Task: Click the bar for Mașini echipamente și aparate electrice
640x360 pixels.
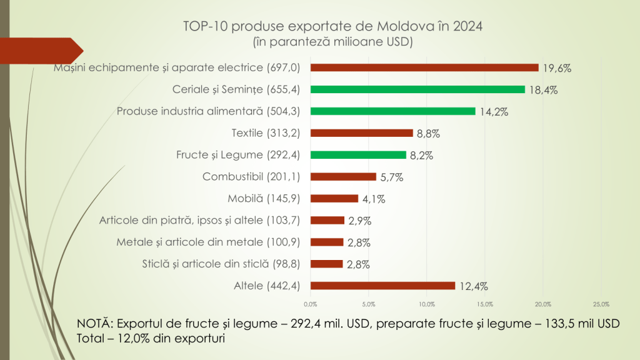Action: click(x=424, y=67)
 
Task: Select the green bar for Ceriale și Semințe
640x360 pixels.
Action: click(x=417, y=89)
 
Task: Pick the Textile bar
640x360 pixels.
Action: click(x=362, y=133)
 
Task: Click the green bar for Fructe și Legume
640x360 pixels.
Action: click(x=358, y=155)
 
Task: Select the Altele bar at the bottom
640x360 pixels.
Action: click(x=382, y=286)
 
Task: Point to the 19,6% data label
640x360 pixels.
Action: click(x=557, y=68)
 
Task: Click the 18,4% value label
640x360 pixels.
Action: click(x=543, y=90)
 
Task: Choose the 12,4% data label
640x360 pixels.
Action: click(x=473, y=286)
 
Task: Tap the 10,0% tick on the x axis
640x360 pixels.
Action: click(x=427, y=304)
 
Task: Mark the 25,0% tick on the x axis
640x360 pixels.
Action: click(x=601, y=304)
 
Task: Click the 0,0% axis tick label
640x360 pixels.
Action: click(x=311, y=304)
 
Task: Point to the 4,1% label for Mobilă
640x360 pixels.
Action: click(x=373, y=199)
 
